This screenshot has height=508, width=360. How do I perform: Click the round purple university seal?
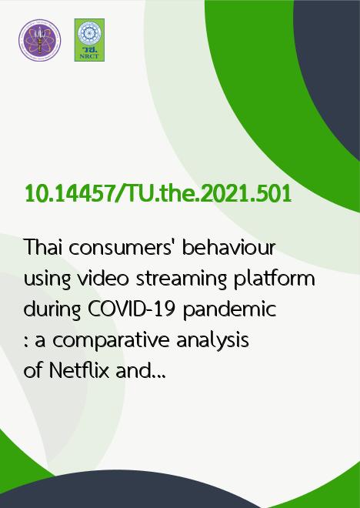(x=39, y=40)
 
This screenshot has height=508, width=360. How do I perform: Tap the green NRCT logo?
(x=89, y=40)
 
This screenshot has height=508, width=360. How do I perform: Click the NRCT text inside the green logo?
(x=89, y=56)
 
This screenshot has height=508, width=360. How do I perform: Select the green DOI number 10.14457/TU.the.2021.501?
(x=158, y=194)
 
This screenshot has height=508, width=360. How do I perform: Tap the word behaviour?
(x=229, y=247)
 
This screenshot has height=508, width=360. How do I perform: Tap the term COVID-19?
(x=132, y=309)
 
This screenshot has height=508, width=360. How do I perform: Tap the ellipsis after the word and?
(x=158, y=377)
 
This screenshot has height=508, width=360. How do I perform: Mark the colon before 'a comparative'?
(x=25, y=343)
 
